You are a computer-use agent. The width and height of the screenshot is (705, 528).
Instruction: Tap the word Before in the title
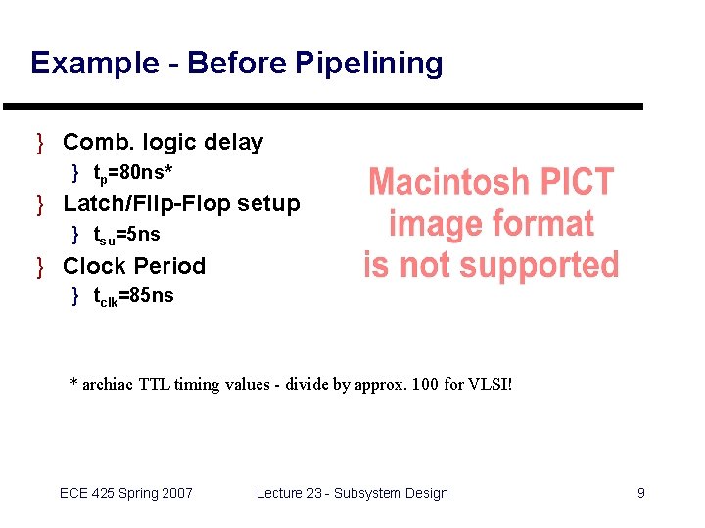pos(237,64)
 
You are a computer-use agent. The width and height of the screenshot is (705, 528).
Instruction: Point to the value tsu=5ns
pos(126,235)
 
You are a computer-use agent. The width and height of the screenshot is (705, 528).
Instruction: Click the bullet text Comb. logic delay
pos(163,143)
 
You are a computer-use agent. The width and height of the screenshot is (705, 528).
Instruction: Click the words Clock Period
pos(134,266)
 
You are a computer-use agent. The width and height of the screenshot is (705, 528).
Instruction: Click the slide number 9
pos(640,493)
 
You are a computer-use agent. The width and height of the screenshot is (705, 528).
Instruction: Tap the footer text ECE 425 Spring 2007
pos(126,493)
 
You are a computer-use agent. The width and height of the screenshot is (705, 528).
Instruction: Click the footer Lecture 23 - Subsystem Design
pos(352,493)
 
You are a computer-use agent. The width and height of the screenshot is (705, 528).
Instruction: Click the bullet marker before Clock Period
pos(40,266)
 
